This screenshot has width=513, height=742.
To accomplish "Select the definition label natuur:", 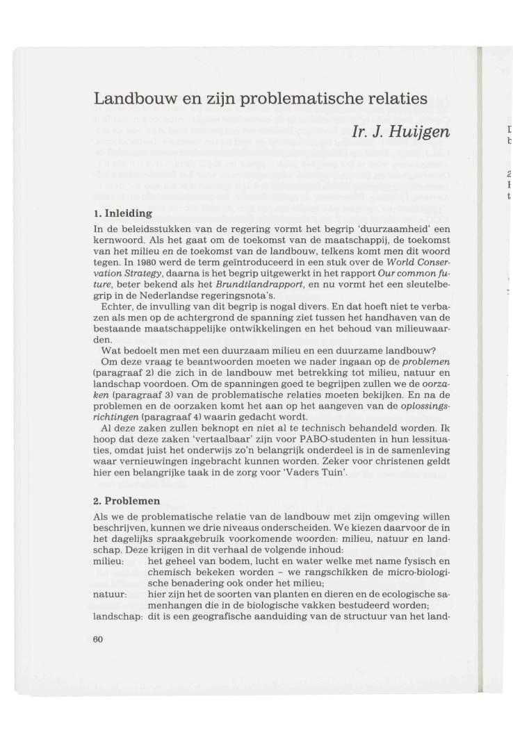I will click(x=110, y=595).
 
